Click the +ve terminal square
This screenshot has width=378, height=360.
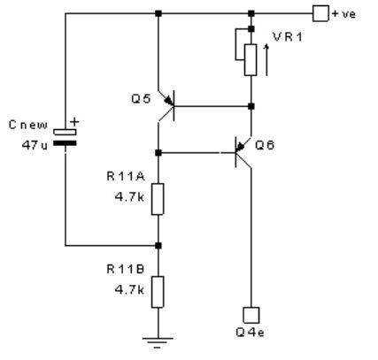coord(320,13)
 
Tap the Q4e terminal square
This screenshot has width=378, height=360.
coord(251,315)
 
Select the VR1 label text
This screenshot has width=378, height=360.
coord(288,37)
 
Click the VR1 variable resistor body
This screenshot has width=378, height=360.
coord(251,60)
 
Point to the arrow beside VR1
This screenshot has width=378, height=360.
coord(266,60)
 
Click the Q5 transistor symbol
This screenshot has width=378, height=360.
coord(166,106)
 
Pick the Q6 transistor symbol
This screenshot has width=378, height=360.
coord(243,152)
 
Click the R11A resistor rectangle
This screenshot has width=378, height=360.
coord(158,199)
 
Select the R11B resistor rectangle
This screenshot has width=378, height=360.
coord(158,292)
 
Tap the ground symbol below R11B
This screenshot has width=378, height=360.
coord(158,343)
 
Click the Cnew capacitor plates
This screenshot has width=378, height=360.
coord(65,138)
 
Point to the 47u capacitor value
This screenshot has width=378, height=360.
coord(35,145)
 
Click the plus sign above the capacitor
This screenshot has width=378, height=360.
coord(74,121)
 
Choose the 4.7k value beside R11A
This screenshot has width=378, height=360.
coord(129,197)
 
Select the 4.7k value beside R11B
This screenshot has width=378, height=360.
coord(129,290)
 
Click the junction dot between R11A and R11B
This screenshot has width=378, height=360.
coord(158,245)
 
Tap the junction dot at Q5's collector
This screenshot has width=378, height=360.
coord(158,152)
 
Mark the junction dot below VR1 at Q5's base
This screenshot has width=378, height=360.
coord(251,106)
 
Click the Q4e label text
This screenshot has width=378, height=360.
coord(250,333)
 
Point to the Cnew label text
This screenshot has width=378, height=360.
coord(28,125)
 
